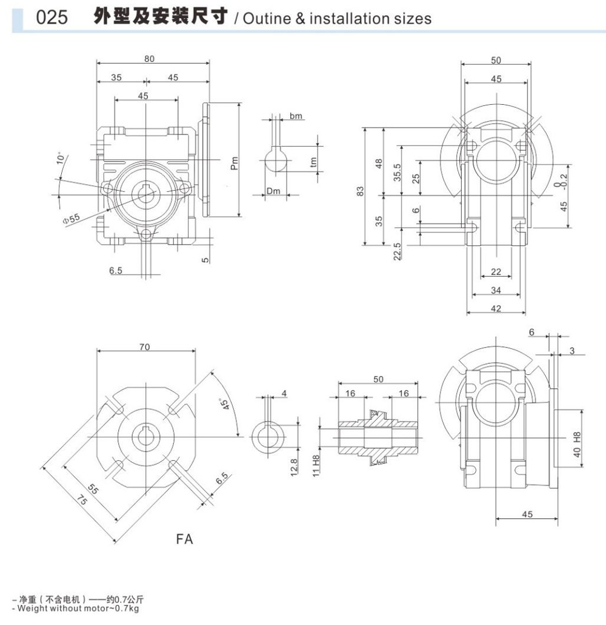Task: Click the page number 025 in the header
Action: (x=52, y=18)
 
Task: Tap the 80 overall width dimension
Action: (x=150, y=59)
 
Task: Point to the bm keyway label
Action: (x=296, y=116)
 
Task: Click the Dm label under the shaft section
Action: (x=273, y=191)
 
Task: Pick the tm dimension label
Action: (x=313, y=162)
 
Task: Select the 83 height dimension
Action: (x=360, y=190)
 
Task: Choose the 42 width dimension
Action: (x=496, y=308)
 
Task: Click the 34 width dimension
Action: (x=496, y=291)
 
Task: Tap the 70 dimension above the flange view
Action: (x=145, y=346)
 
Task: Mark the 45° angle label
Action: (x=223, y=405)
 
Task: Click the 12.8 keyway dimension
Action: (x=295, y=466)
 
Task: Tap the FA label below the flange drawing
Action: (x=184, y=538)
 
